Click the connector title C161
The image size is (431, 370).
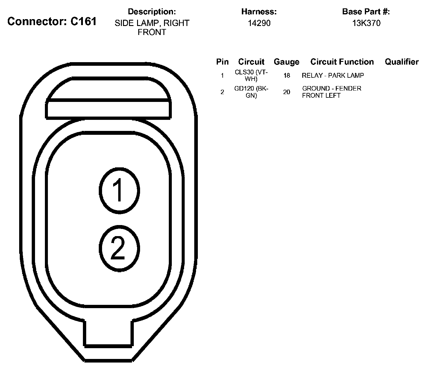[52, 21]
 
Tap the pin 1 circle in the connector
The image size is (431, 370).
[119, 190]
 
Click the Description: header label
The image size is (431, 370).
[152, 12]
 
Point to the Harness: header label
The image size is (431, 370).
[259, 12]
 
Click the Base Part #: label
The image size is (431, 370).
[366, 12]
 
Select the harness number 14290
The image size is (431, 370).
[259, 23]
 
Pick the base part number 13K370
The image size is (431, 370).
[366, 23]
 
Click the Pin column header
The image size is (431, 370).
[222, 62]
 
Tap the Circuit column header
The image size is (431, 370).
[251, 62]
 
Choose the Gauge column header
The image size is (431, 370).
[286, 62]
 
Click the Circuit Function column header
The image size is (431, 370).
[342, 62]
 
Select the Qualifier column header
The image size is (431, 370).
[402, 62]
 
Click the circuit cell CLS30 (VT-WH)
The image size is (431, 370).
[251, 76]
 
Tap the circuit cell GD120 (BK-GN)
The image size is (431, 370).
[251, 92]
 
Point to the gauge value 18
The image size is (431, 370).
[287, 76]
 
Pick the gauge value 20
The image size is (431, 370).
[287, 92]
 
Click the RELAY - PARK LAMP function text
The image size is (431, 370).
[333, 76]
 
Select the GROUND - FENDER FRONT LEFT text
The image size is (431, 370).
[332, 92]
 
